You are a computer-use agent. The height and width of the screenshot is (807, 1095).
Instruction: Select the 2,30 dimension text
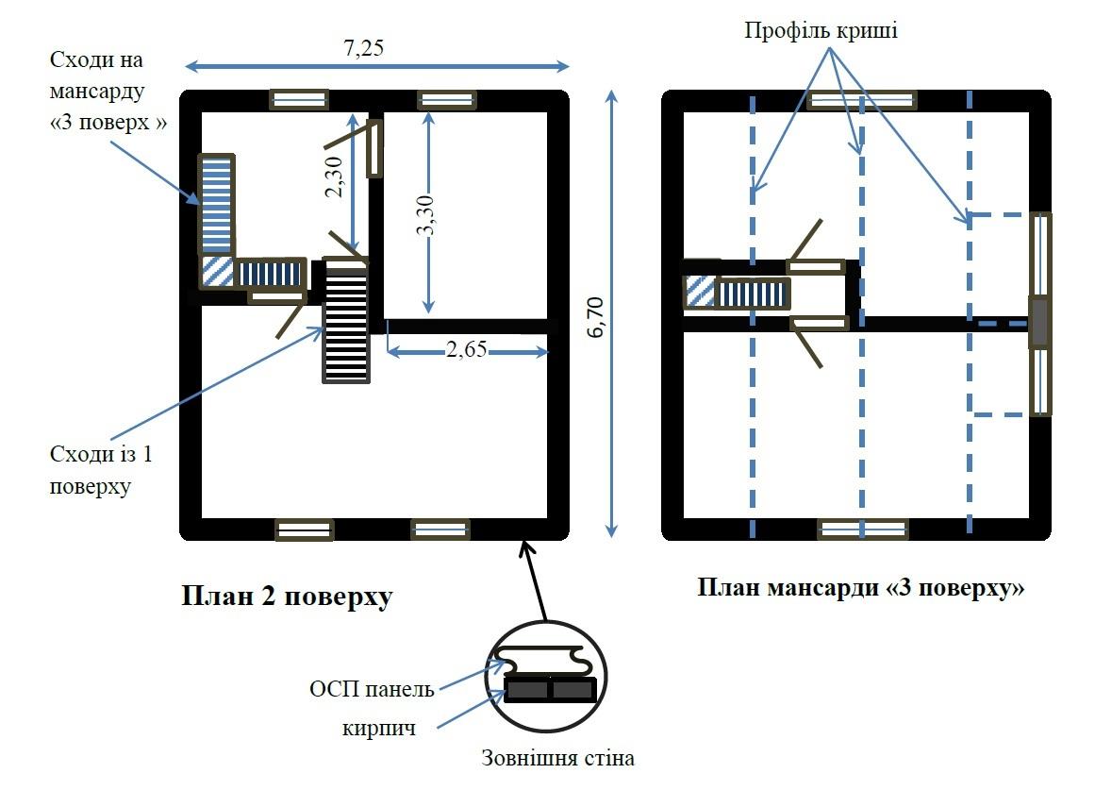tap(333, 177)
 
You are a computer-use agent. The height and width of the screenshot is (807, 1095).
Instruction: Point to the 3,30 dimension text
tap(426, 214)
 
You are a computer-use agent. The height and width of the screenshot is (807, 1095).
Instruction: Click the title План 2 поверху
tap(286, 597)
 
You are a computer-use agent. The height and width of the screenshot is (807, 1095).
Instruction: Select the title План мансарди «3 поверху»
tap(861, 587)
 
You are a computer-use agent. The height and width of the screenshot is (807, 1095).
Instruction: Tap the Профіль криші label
tap(821, 30)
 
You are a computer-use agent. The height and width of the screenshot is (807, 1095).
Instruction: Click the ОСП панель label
tap(372, 689)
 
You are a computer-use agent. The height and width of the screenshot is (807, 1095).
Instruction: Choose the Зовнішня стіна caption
tap(557, 758)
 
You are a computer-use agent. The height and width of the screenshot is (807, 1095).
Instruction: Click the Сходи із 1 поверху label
tap(102, 471)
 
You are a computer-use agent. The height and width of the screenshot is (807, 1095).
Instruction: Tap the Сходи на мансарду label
tap(106, 92)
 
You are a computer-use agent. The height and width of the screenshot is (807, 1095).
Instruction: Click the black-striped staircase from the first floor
tap(346, 325)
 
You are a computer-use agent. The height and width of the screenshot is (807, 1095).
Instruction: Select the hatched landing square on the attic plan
tap(700, 291)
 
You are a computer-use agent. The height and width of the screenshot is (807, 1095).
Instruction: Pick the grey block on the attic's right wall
tap(1038, 322)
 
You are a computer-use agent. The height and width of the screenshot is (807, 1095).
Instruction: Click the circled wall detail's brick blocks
tap(551, 690)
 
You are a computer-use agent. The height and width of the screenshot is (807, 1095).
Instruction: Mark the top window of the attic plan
tap(862, 100)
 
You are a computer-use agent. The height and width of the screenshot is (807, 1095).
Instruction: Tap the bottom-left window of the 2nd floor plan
tap(304, 530)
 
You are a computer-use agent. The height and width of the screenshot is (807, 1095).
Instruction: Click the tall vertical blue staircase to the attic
tap(216, 204)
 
